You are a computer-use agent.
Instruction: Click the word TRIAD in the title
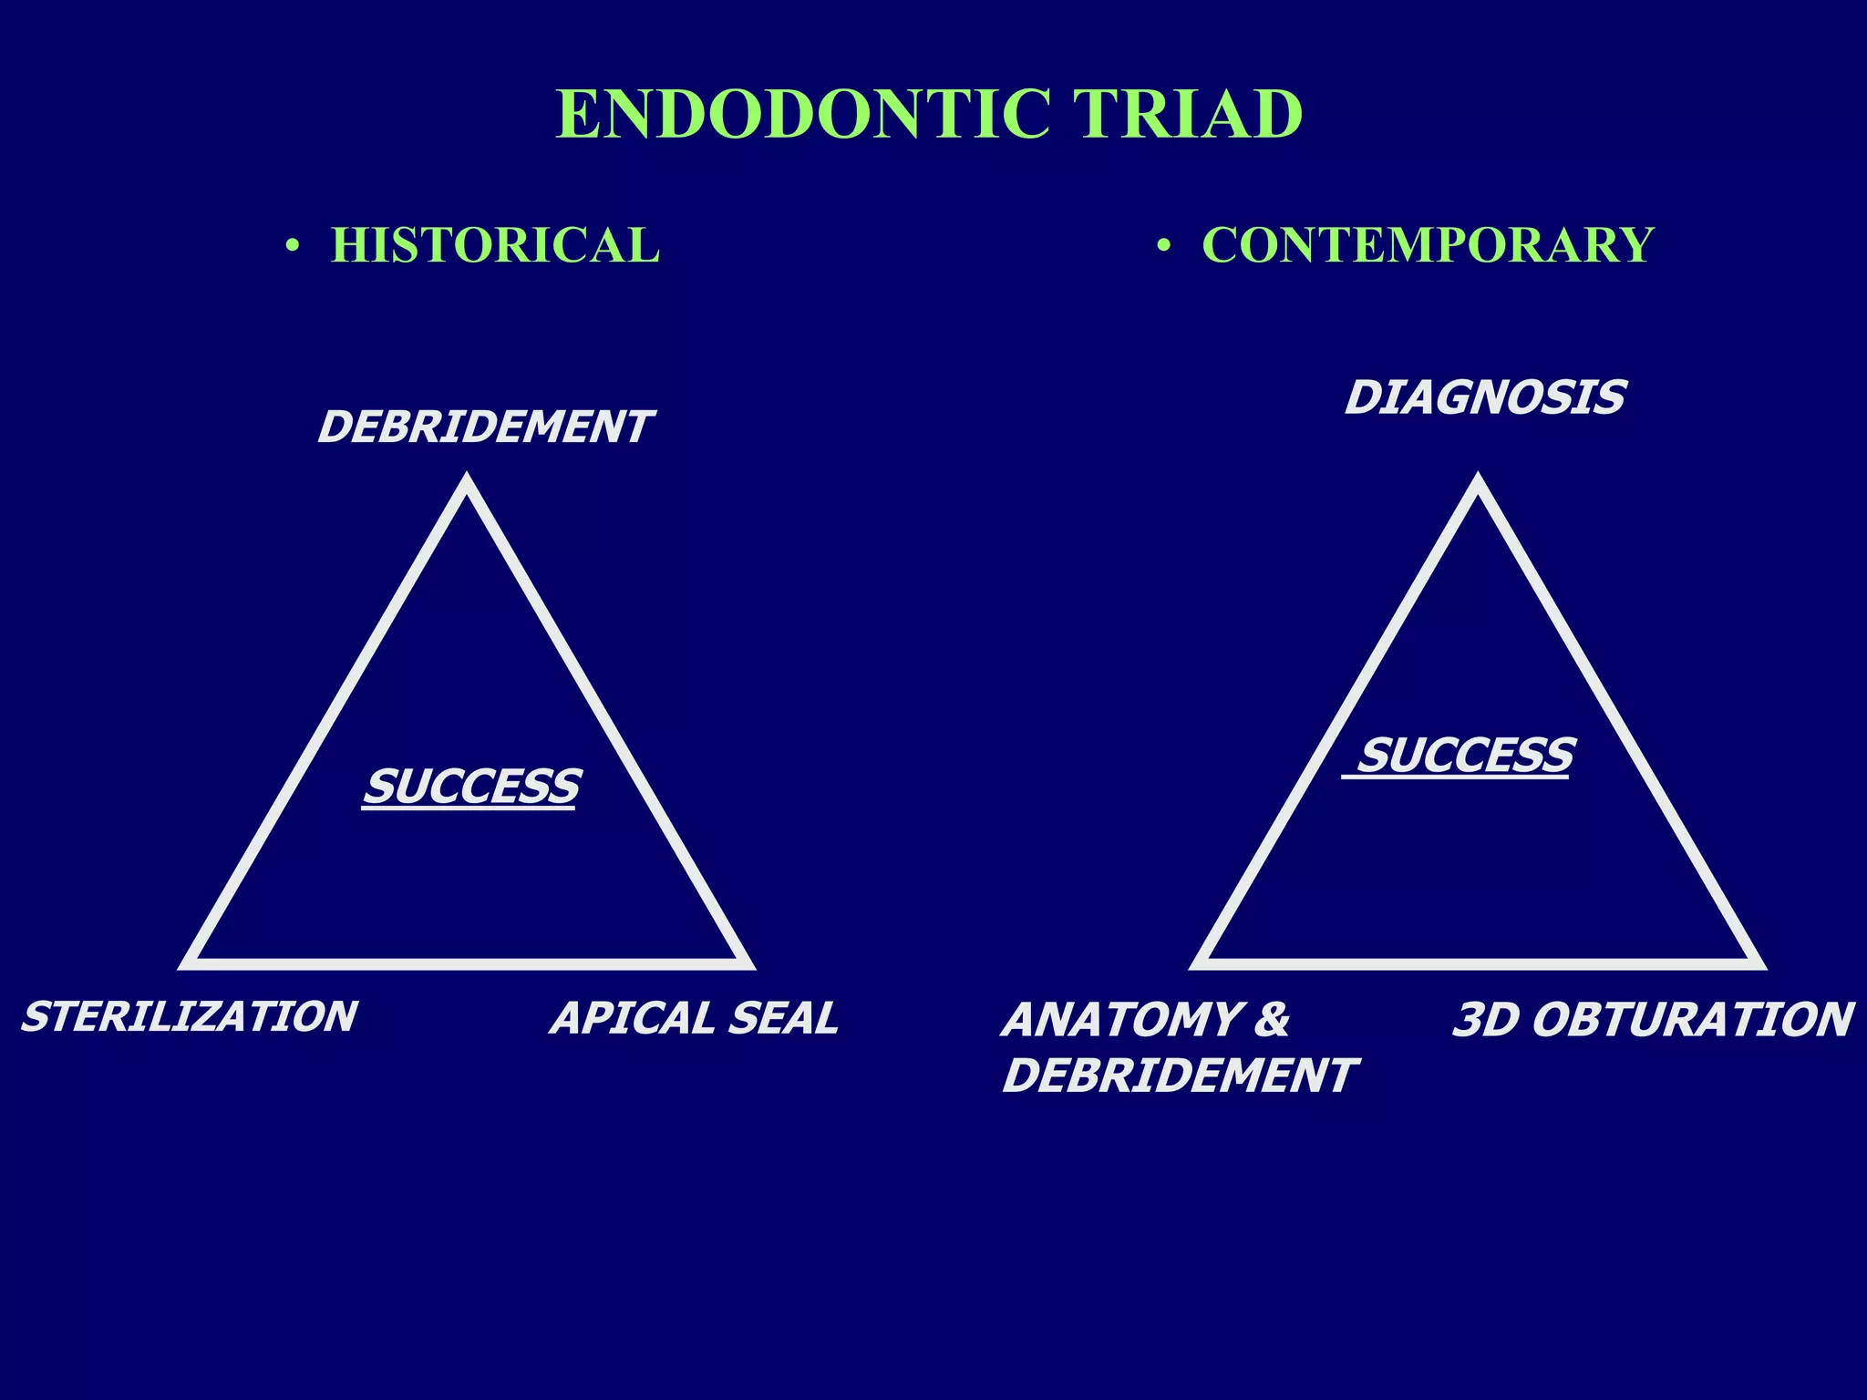1186,115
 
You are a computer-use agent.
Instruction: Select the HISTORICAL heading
495,245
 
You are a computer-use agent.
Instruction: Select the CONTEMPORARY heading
1428,245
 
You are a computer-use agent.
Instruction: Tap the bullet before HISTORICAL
292,246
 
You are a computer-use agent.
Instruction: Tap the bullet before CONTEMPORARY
1163,246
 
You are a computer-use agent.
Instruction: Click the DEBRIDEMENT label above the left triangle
485,427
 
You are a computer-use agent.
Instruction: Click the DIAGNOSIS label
1485,398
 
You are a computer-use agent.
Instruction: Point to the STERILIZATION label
190,1017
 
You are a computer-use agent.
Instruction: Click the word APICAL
631,1019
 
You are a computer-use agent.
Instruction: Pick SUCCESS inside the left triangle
471,787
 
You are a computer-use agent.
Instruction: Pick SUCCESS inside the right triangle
1465,756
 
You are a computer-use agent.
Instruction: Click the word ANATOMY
1121,1020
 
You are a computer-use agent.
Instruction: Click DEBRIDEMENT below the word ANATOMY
1180,1076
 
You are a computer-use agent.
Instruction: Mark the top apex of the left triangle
467,481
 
